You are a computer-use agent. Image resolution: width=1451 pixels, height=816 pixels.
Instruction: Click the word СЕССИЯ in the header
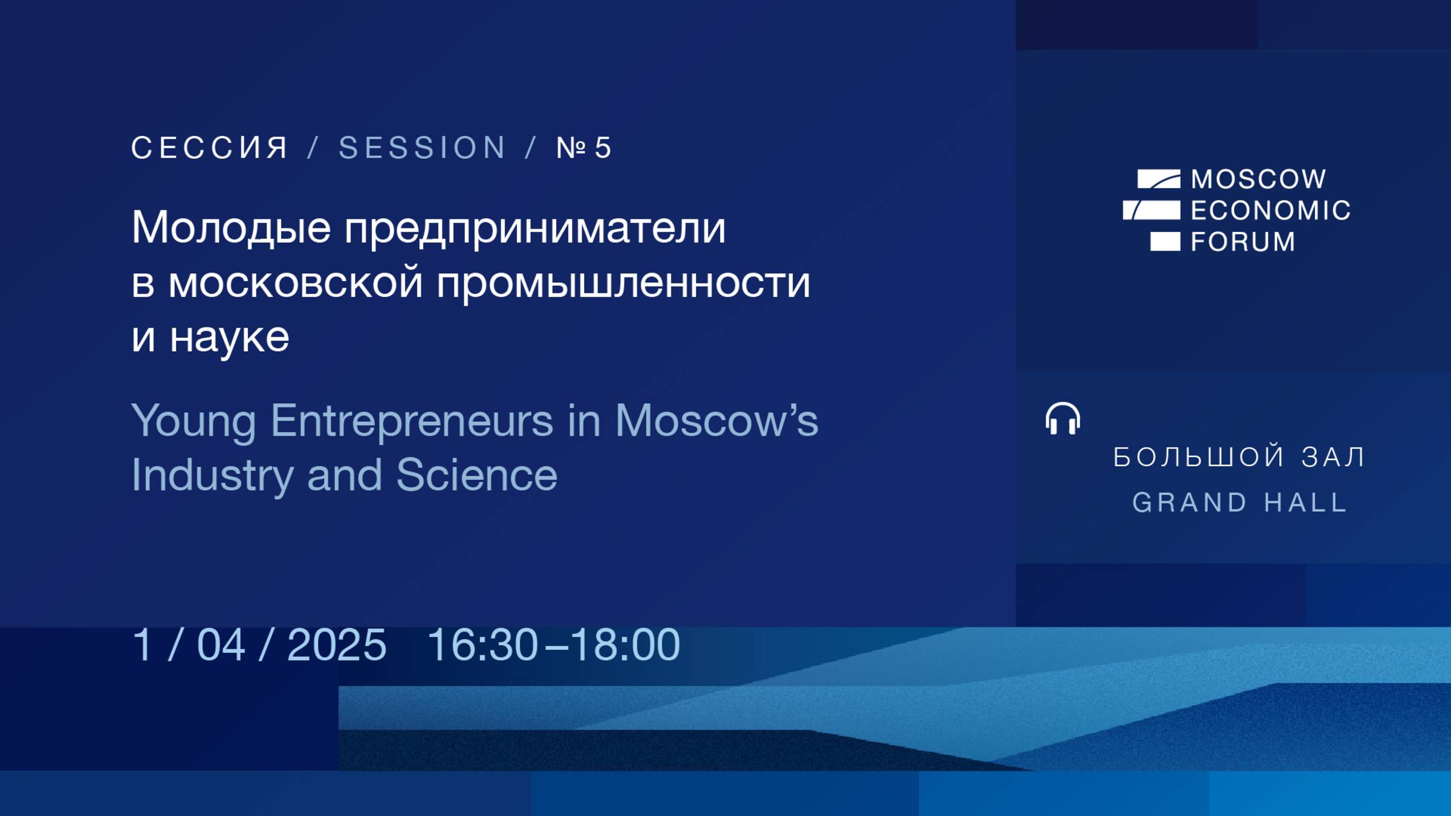click(x=210, y=148)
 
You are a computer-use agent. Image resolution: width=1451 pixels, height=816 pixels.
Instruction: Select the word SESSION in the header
click(x=422, y=148)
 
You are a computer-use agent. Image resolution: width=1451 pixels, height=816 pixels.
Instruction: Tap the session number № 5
click(x=584, y=148)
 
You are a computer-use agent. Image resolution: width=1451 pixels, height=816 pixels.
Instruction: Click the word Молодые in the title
click(x=231, y=229)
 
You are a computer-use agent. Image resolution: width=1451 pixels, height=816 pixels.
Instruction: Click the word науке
click(x=229, y=337)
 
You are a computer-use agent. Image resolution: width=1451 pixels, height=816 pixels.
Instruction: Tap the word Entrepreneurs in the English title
click(x=412, y=421)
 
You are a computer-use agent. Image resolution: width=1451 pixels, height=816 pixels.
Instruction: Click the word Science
click(x=476, y=475)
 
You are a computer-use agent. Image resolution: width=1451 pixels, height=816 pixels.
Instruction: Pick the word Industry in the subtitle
click(x=212, y=476)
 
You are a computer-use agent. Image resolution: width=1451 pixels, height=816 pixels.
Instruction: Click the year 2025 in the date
click(x=337, y=645)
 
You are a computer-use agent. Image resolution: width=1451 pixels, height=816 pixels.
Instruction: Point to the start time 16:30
click(x=482, y=645)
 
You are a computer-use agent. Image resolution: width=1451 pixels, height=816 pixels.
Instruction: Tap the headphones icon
click(x=1062, y=418)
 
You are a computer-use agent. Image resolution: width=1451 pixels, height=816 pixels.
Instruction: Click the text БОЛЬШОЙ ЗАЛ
click(x=1239, y=458)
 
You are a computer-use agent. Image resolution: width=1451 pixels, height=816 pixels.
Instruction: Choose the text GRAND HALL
click(x=1239, y=503)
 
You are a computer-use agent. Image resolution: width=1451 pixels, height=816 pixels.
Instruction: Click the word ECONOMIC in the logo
click(x=1270, y=211)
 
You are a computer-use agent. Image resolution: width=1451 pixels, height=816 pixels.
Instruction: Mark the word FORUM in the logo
click(x=1243, y=242)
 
